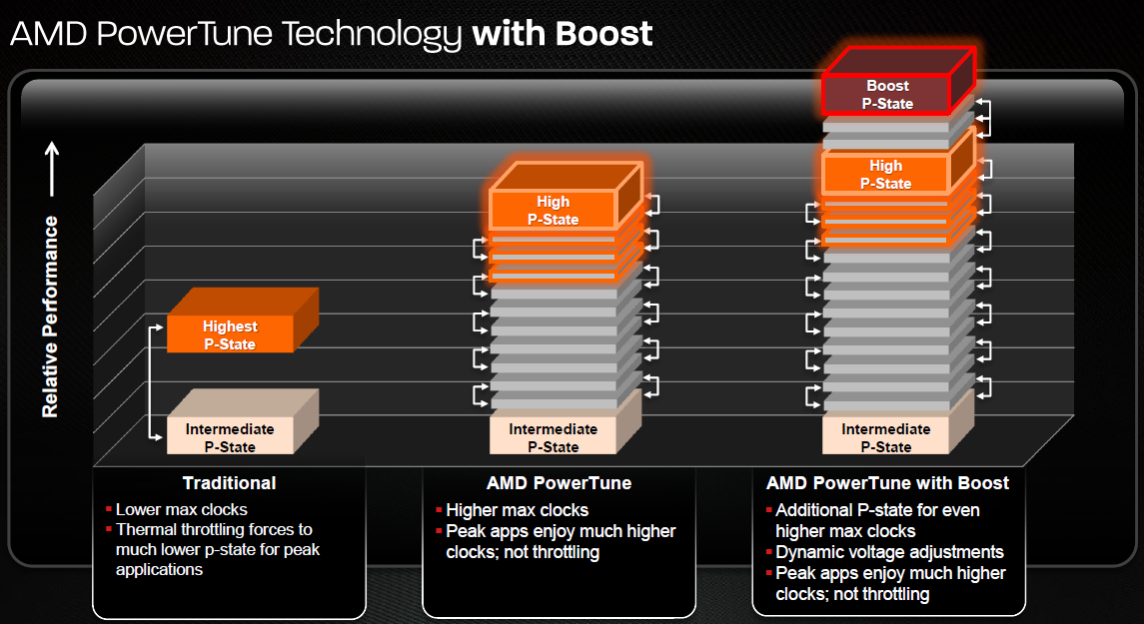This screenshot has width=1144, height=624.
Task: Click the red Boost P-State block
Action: (888, 95)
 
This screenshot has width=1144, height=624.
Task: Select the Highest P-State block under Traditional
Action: (230, 334)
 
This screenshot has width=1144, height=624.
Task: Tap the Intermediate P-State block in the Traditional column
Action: (230, 437)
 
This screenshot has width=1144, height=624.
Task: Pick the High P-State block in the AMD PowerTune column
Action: (553, 211)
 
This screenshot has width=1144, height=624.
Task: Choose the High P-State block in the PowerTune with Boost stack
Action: (886, 175)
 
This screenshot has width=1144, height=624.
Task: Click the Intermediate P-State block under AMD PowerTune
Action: (553, 437)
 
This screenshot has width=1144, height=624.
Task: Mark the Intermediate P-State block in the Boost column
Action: (886, 437)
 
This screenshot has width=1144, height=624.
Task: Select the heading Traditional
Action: (229, 483)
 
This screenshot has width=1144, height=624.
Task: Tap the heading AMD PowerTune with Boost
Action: (887, 483)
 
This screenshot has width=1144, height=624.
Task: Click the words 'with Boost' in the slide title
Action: (563, 34)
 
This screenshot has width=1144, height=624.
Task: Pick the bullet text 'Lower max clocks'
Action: (181, 509)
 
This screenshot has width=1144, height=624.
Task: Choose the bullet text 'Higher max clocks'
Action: (517, 510)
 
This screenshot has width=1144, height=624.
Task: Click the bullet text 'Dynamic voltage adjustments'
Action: (889, 552)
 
